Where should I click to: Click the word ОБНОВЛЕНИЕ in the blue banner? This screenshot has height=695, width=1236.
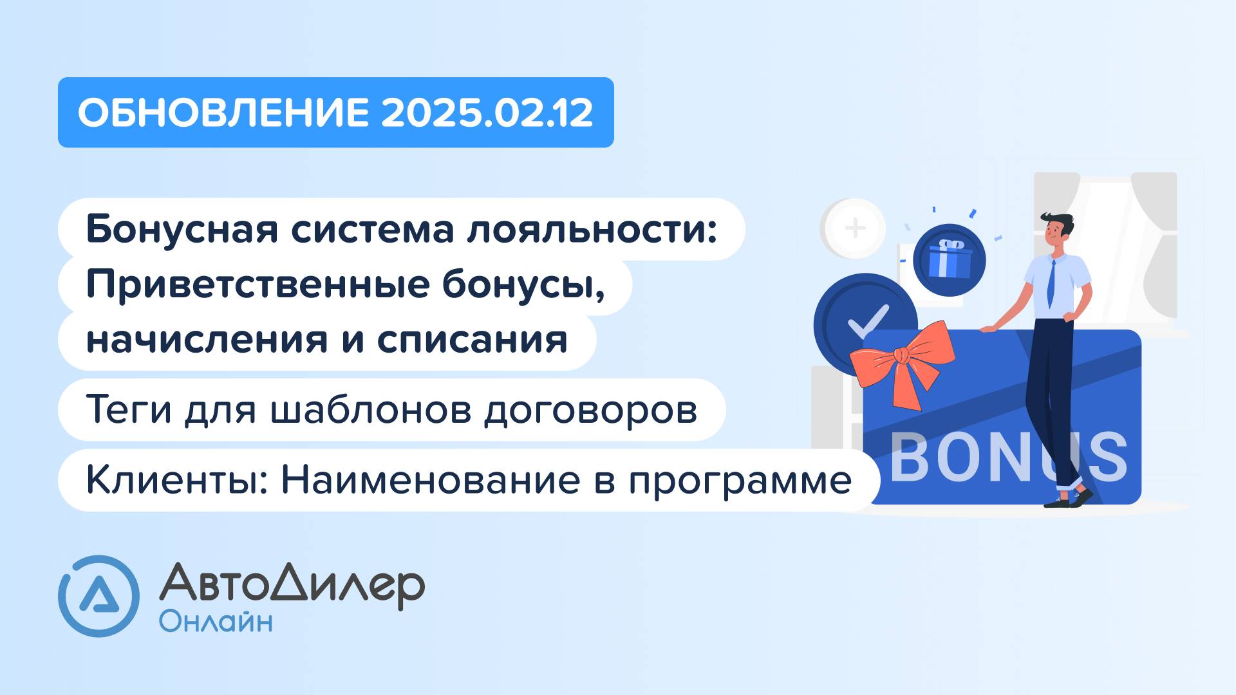click(223, 113)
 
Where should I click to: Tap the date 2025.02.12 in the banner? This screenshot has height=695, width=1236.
click(487, 113)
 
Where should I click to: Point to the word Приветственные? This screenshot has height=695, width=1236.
click(257, 285)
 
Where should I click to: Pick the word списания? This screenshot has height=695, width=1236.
click(472, 340)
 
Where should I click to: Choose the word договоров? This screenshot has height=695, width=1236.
click(590, 409)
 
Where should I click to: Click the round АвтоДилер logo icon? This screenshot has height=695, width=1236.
click(98, 596)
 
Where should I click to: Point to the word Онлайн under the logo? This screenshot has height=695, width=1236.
click(216, 622)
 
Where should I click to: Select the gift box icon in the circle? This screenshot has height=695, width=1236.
click(950, 259)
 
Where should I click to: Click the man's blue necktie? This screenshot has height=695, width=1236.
click(1051, 283)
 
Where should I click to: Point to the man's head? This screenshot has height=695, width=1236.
click(1056, 228)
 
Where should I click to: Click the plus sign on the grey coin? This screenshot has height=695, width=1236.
click(855, 228)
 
